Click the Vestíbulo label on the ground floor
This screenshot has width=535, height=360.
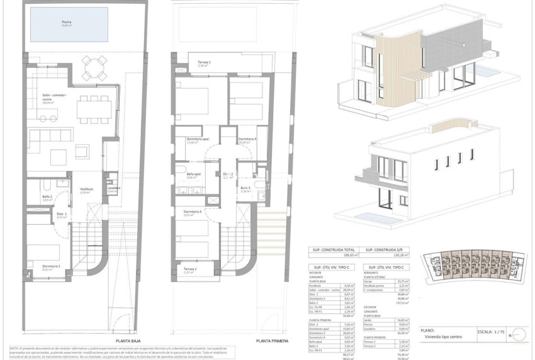pos(86,188)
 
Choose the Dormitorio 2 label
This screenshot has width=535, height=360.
pos(52,266)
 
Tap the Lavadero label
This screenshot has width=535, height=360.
pos(114,188)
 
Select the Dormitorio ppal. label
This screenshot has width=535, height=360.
pos(198,139)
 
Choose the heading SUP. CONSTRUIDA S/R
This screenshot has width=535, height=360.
pos(386,249)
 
